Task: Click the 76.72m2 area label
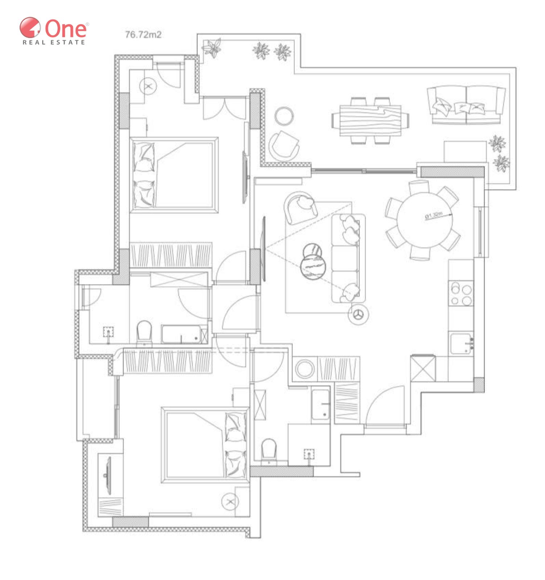[143, 35]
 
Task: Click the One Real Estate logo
[54, 31]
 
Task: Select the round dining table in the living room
[425, 220]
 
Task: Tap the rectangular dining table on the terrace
[370, 120]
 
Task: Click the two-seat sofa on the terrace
[466, 105]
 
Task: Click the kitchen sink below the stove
[462, 344]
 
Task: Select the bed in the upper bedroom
[174, 174]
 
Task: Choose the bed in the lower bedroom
[205, 445]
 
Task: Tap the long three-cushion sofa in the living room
[348, 258]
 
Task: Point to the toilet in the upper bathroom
[144, 333]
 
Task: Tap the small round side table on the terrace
[284, 116]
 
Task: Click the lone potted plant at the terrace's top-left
[212, 48]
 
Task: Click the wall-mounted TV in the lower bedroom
[108, 475]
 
